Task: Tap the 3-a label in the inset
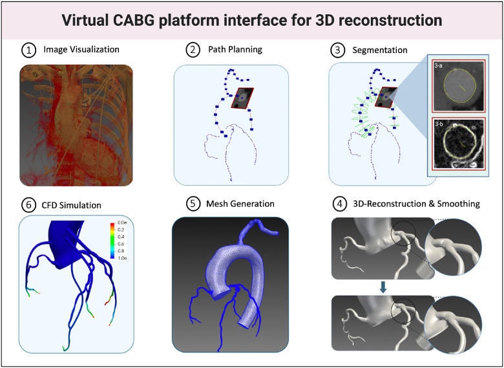(439, 65)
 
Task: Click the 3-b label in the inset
(439, 122)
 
